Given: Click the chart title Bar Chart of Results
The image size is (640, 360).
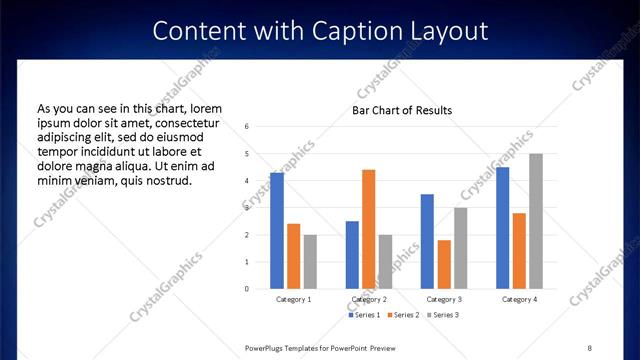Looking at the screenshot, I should click(402, 110).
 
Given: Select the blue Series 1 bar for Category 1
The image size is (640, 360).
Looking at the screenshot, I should click(277, 231).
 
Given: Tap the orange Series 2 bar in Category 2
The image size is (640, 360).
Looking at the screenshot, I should click(368, 229).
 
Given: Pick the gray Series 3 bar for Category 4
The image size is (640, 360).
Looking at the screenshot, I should click(536, 221).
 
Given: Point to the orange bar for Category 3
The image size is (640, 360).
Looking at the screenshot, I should click(444, 264).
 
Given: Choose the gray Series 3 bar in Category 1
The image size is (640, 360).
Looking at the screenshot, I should click(310, 262).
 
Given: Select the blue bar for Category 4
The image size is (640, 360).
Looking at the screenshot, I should click(503, 228).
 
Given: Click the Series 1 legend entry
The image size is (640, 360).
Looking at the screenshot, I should click(364, 315).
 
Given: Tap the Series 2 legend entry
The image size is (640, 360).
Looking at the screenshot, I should click(402, 315).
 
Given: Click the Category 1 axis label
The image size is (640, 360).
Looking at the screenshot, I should click(294, 299).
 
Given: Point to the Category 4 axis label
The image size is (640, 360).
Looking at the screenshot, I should click(519, 299).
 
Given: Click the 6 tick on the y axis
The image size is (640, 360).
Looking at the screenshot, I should click(247, 127).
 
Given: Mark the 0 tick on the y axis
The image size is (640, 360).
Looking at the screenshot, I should click(247, 289).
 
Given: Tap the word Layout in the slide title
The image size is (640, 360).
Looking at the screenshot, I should click(453, 31).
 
